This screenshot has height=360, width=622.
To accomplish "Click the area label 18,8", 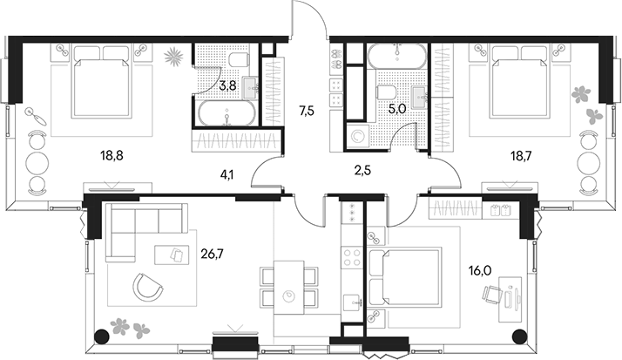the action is [x=112, y=155].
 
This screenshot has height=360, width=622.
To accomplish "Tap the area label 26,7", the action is [x=213, y=254].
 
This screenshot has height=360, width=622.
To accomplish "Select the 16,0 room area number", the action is [x=480, y=271].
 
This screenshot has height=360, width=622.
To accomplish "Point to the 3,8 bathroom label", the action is [x=227, y=85].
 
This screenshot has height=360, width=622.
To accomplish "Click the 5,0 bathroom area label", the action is [x=397, y=109].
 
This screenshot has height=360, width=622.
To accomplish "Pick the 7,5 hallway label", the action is [x=307, y=111].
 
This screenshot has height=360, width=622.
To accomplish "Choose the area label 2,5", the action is [x=362, y=171].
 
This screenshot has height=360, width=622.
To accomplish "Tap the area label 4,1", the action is [x=226, y=174].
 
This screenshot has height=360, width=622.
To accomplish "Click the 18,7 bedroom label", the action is [x=520, y=155].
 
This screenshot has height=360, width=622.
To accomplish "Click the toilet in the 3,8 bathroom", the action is [x=240, y=59].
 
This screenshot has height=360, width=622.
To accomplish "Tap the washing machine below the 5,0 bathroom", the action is [x=357, y=137].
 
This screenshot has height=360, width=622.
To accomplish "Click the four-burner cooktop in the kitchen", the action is [x=352, y=257].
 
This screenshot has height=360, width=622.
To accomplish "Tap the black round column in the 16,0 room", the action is [x=519, y=336].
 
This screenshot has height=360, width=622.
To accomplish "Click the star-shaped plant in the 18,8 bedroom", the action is [x=173, y=56].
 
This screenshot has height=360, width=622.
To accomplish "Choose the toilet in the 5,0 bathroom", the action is [x=387, y=93].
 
